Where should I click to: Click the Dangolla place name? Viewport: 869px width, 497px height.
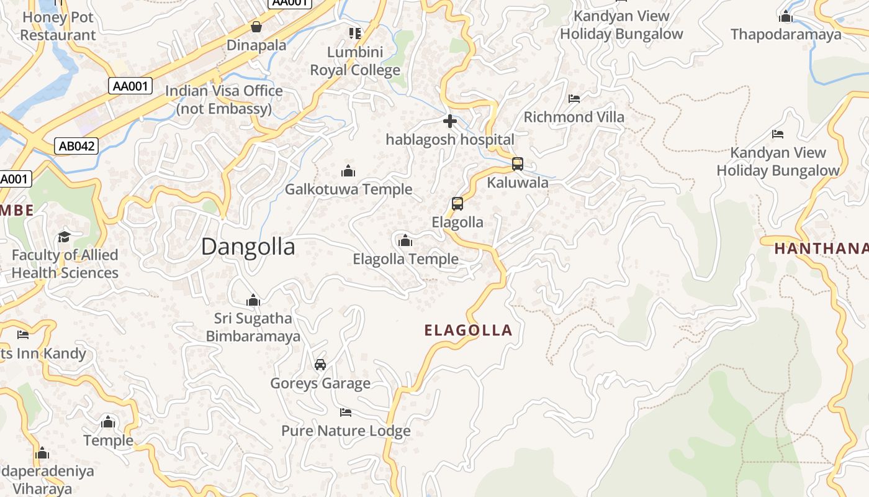click(248, 247)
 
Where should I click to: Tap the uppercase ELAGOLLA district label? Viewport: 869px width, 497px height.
click(469, 331)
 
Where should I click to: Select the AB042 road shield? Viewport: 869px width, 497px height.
click(76, 146)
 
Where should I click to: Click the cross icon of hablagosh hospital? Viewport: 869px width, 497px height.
click(450, 121)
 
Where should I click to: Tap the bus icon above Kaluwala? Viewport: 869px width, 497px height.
click(517, 164)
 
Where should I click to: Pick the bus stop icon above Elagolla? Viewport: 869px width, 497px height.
click(457, 204)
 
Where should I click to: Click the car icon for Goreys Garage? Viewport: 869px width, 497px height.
click(320, 365)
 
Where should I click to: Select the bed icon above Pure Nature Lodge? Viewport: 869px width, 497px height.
click(346, 413)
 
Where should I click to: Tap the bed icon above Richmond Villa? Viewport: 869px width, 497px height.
click(574, 99)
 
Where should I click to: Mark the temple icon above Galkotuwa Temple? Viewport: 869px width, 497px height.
click(348, 171)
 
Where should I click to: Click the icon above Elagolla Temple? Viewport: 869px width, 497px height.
click(405, 240)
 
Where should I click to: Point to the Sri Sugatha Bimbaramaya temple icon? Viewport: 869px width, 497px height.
click(253, 301)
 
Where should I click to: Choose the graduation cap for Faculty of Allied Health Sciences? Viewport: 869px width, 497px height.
click(64, 237)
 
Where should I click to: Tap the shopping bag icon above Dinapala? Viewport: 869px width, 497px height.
click(256, 27)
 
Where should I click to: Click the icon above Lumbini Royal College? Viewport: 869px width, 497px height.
click(355, 33)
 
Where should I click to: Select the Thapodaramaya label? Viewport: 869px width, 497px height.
click(786, 34)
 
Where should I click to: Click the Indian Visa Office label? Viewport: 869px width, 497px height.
click(224, 99)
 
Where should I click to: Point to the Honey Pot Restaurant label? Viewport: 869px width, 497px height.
click(58, 26)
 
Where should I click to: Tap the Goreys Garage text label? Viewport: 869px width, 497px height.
click(320, 383)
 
